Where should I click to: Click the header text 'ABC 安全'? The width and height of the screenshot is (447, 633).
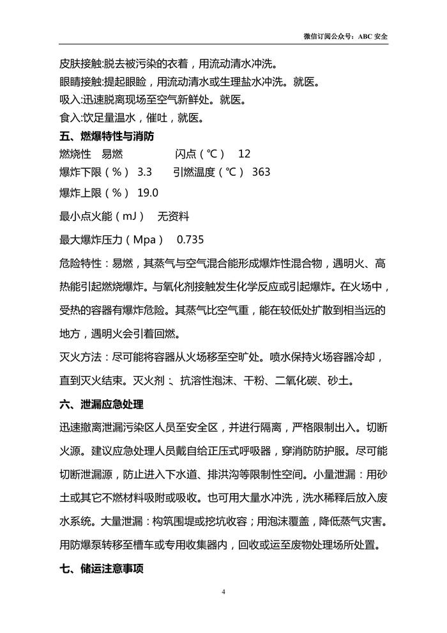coord(373,36)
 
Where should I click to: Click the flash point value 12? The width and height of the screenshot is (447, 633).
coord(244,154)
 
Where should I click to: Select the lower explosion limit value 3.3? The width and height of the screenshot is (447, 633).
coord(145,172)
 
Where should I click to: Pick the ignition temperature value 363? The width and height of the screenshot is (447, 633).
coord(261,172)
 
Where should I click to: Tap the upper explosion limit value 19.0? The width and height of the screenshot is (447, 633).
coord(148,193)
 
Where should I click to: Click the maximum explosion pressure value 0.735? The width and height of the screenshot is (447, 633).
coord(190,240)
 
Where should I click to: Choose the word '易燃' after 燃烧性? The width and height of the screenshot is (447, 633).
coord(112,154)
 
